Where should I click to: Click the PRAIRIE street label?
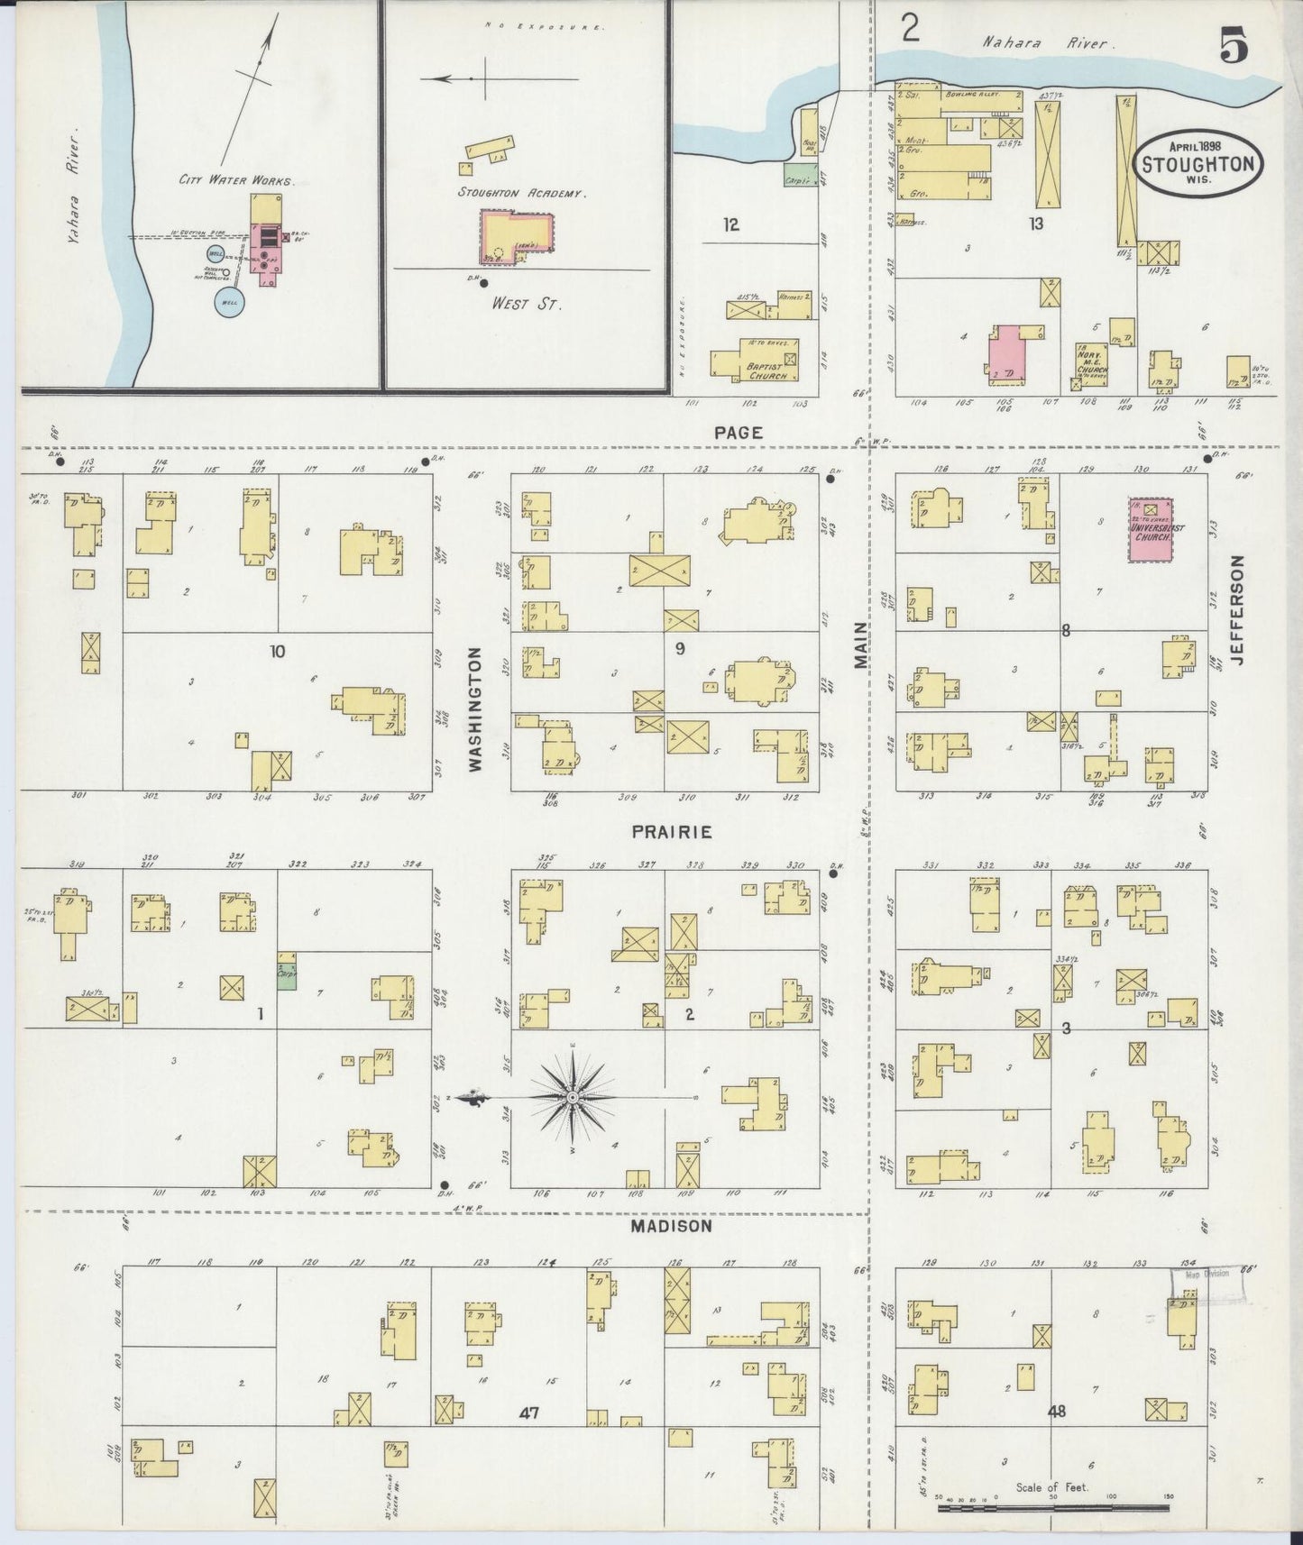671,832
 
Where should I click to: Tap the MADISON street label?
671,1226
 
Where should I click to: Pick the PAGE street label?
738,433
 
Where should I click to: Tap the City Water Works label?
235,180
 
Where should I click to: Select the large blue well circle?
226,303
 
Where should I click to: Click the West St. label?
526,304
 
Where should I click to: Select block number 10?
277,651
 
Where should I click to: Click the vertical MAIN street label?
859,645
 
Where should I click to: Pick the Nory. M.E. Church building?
1092,362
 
